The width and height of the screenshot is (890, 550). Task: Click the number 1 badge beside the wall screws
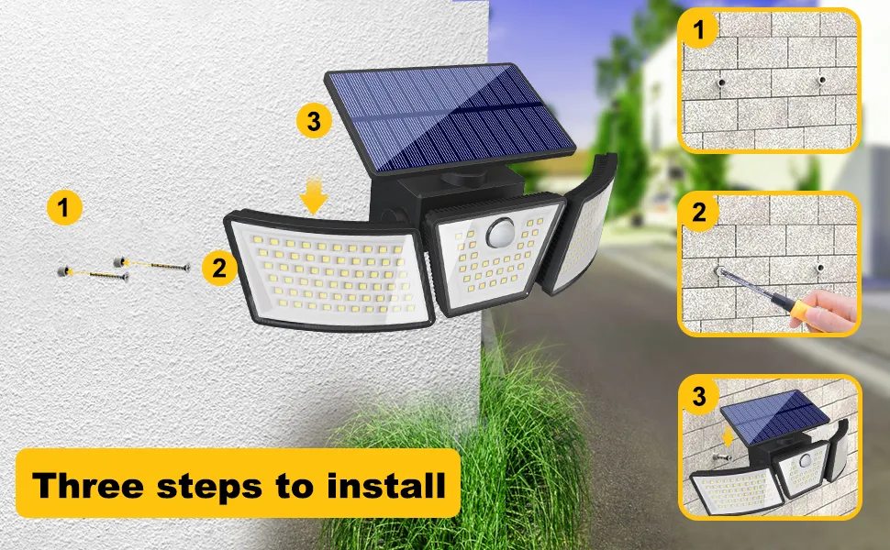[63, 208]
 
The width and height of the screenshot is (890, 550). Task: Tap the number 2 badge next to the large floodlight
[218, 268]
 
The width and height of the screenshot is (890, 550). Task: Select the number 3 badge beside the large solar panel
[314, 121]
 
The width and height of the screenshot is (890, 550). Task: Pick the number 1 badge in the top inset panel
[700, 31]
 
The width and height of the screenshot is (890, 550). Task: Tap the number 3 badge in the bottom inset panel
[700, 397]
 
